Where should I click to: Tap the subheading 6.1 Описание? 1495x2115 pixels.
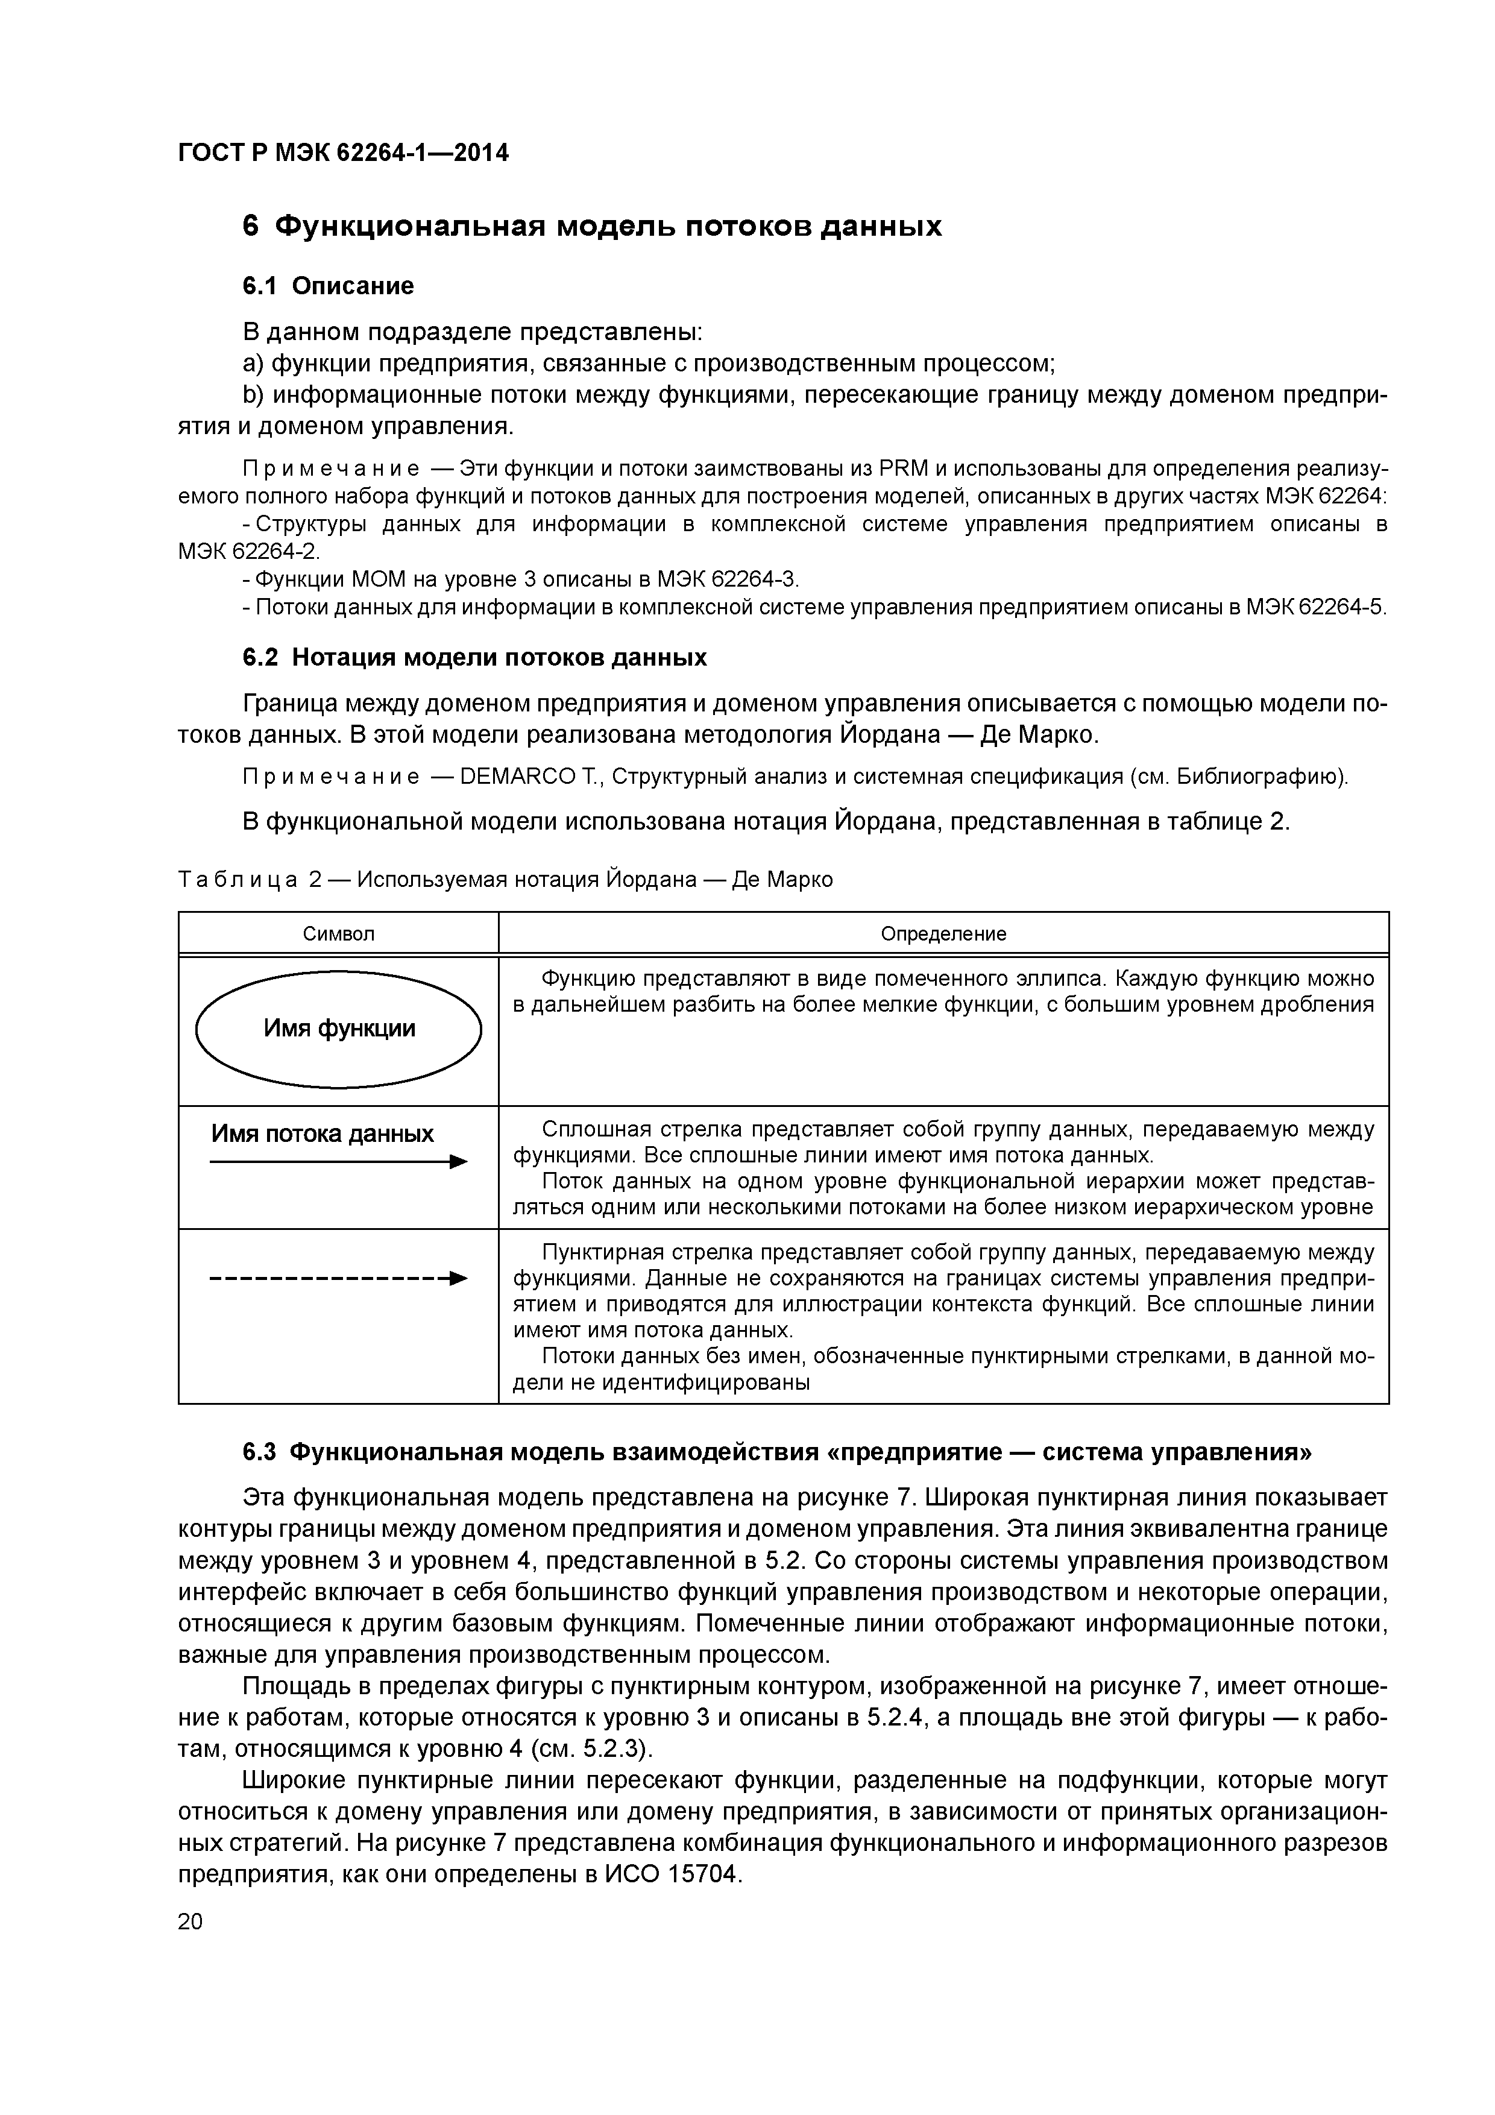pyautogui.click(x=328, y=286)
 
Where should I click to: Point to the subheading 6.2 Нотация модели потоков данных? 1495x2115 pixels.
pyautogui.click(x=474, y=658)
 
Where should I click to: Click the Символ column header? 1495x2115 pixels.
pyautogui.click(x=339, y=934)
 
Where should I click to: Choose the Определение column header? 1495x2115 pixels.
pyautogui.click(x=943, y=934)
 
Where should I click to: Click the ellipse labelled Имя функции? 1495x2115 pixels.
pyautogui.click(x=339, y=1029)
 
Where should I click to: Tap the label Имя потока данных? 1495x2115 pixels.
pyautogui.click(x=323, y=1134)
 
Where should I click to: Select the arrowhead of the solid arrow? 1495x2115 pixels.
pyautogui.click(x=459, y=1164)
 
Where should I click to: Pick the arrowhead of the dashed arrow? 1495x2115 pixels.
pyautogui.click(x=459, y=1279)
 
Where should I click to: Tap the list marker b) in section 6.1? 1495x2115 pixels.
pyautogui.click(x=253, y=395)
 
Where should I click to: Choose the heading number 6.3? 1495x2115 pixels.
pyautogui.click(x=259, y=1452)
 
